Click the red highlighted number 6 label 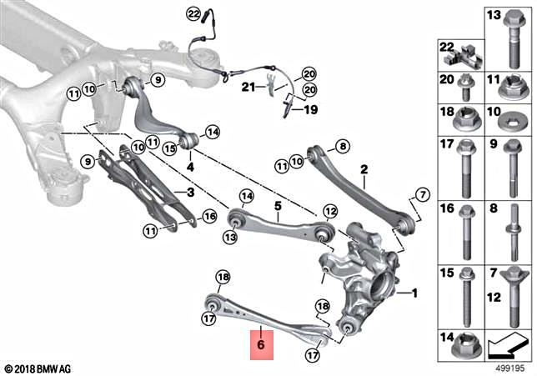click(261, 343)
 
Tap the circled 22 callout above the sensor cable click(193, 14)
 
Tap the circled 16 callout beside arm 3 click(209, 217)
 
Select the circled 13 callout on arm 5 click(230, 238)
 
